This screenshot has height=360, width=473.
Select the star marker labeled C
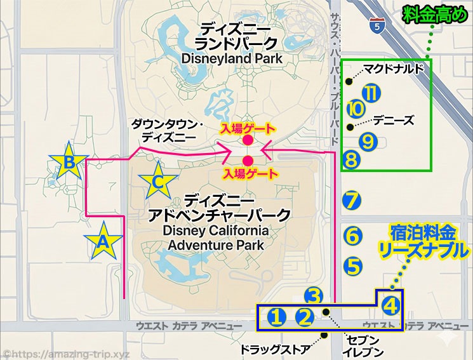tap(158, 182)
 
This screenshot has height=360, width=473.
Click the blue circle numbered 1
tap(276, 316)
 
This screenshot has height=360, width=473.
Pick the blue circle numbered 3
tap(314, 296)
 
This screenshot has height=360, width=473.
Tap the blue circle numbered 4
tap(392, 305)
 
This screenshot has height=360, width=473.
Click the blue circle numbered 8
tap(352, 158)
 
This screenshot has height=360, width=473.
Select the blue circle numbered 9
tap(369, 139)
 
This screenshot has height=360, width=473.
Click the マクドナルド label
tap(393, 69)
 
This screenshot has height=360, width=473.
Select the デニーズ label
tap(394, 119)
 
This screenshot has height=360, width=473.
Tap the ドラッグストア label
tap(274, 349)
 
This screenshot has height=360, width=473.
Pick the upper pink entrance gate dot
tap(248, 140)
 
